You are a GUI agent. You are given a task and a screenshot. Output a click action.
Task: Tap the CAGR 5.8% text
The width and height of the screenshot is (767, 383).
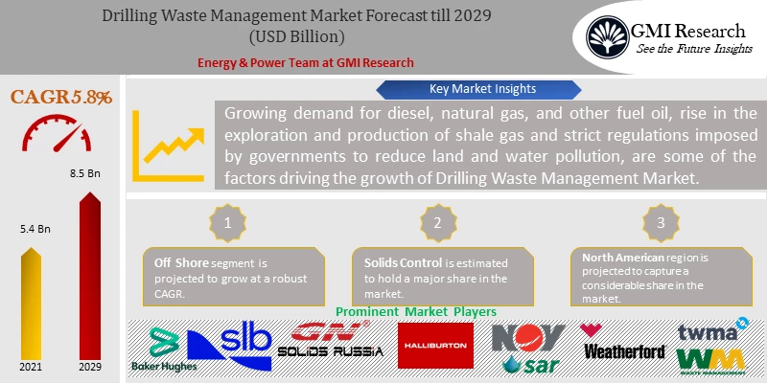pyautogui.click(x=61, y=98)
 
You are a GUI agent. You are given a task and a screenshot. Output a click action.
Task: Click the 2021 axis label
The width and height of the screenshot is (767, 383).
pyautogui.click(x=30, y=367)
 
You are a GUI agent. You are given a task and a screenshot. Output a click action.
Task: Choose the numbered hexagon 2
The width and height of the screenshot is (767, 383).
pyautogui.click(x=436, y=221)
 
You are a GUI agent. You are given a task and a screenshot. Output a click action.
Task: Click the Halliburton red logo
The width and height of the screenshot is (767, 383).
pyautogui.click(x=435, y=345)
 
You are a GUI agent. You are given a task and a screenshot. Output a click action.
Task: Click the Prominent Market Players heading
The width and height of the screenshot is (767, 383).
pyautogui.click(x=415, y=312)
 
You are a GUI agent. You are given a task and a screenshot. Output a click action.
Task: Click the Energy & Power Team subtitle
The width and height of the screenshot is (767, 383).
pyautogui.click(x=305, y=62)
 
